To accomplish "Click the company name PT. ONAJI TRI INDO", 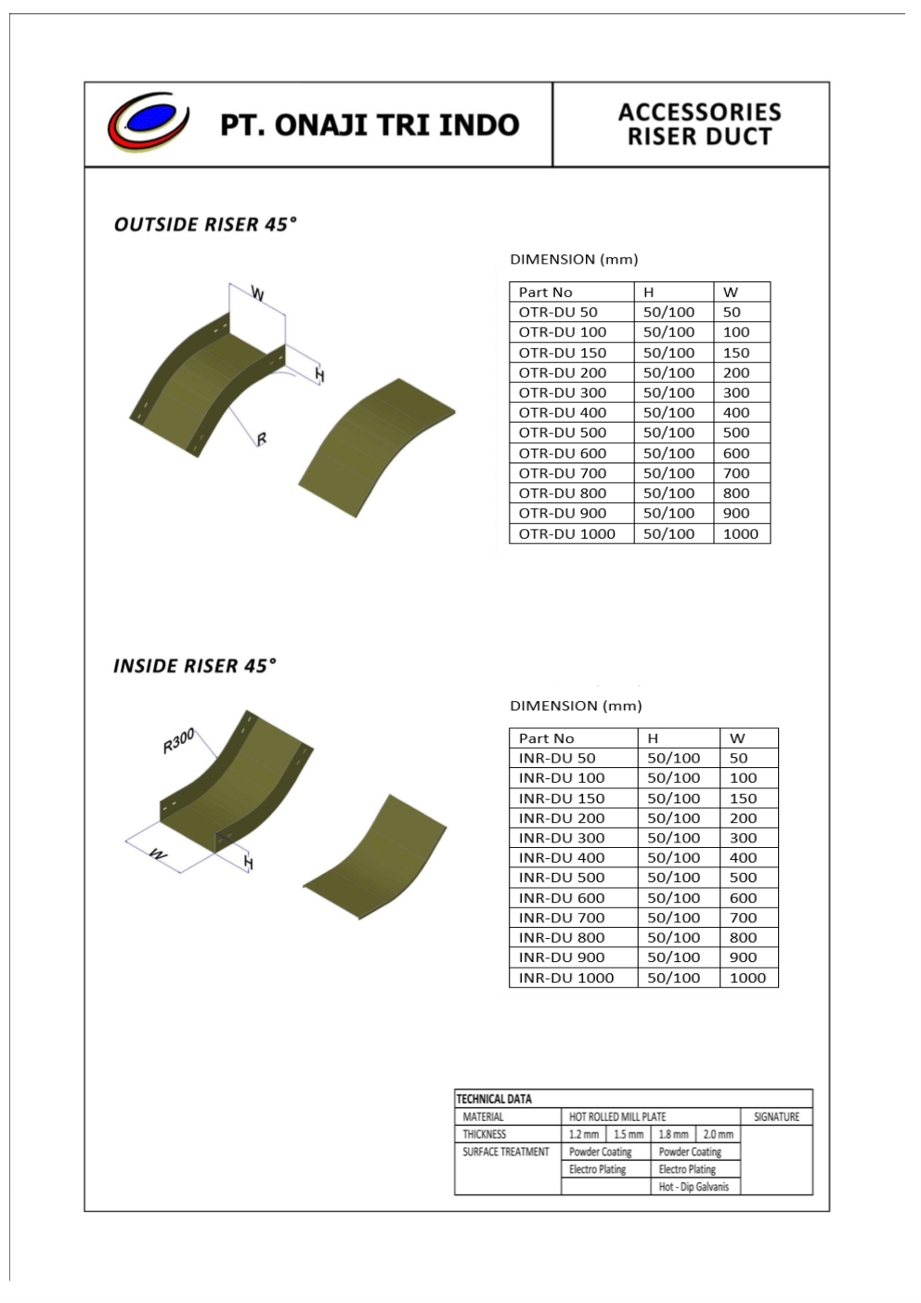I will (x=369, y=125).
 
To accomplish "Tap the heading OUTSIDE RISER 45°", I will (x=205, y=225).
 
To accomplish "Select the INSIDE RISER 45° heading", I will (x=195, y=666).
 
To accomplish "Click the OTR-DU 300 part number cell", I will (x=563, y=393).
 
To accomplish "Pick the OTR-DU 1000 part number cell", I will (x=566, y=534).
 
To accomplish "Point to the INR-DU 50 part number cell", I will (x=557, y=758).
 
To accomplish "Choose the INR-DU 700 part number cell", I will (x=562, y=918).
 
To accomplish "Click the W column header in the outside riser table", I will (x=731, y=292).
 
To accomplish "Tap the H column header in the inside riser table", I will (x=653, y=738).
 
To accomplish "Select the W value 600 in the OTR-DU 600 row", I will (x=736, y=453).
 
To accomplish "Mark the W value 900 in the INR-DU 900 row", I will (x=743, y=958).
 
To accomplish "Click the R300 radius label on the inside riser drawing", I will (x=178, y=741).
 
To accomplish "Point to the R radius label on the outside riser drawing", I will (x=262, y=438).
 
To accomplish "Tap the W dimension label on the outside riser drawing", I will (x=258, y=294).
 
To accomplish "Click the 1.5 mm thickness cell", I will (x=629, y=1134).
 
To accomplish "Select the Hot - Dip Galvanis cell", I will (x=694, y=1187).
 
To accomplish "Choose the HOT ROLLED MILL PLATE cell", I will (x=617, y=1116).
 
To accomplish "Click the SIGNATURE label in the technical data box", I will (x=776, y=1116).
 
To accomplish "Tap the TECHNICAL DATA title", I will (x=494, y=1099).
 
